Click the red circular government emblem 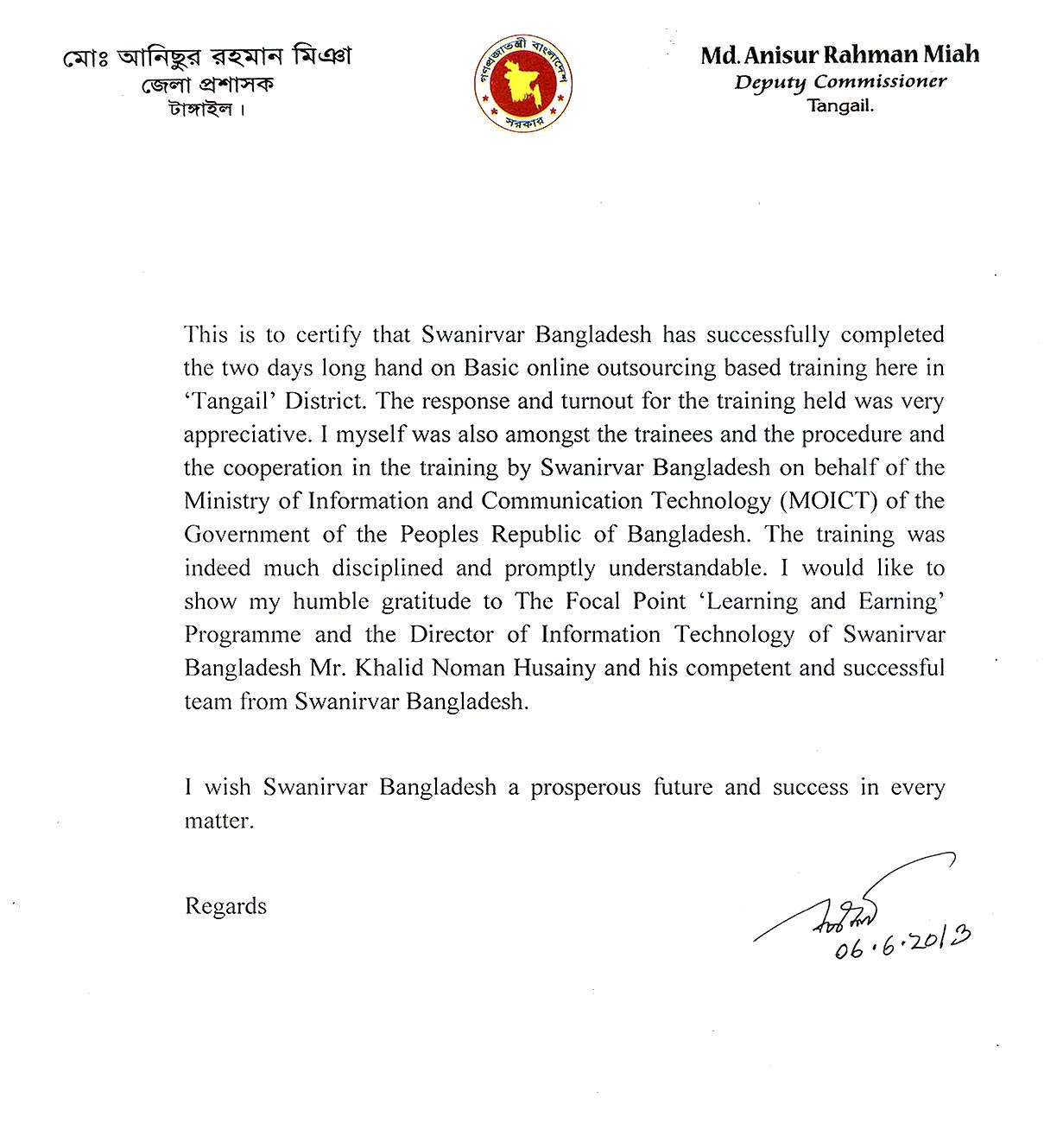[525, 83]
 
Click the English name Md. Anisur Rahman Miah [839, 54]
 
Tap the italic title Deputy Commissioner [839, 82]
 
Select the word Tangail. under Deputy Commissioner [840, 106]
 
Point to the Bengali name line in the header [207, 57]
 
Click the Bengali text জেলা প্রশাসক [207, 86]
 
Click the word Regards [225, 906]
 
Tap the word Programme [243, 635]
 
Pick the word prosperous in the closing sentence [585, 788]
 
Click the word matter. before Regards [219, 821]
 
